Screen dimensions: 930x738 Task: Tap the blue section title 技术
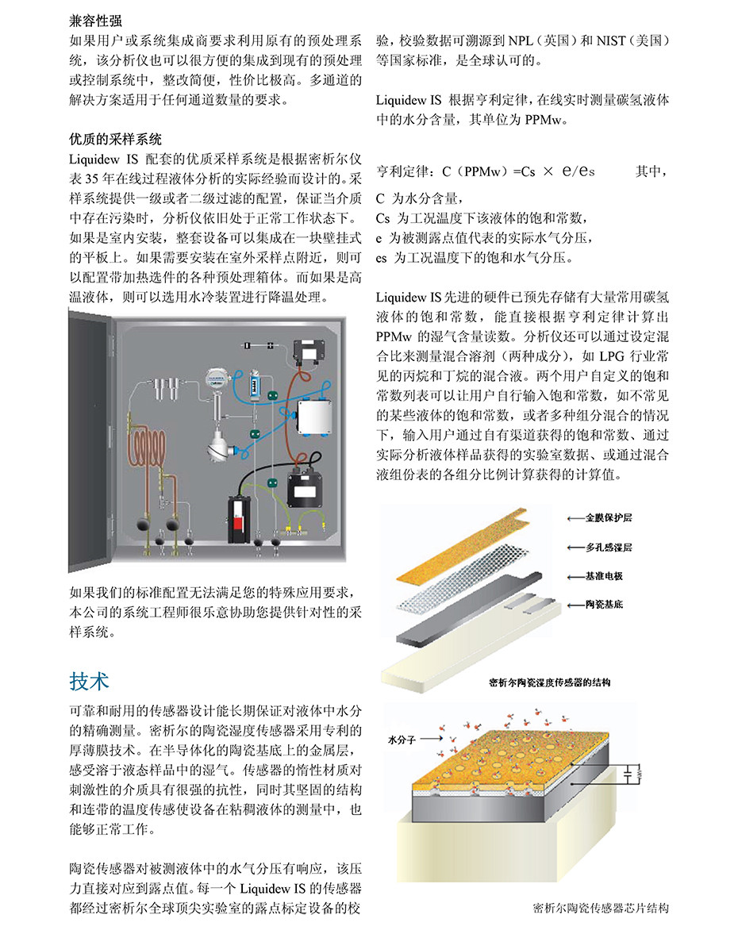pyautogui.click(x=89, y=680)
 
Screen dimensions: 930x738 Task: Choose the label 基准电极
pyautogui.click(x=604, y=576)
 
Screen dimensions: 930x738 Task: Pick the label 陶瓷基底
pyautogui.click(x=604, y=605)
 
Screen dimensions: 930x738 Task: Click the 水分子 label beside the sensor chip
pyautogui.click(x=403, y=738)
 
